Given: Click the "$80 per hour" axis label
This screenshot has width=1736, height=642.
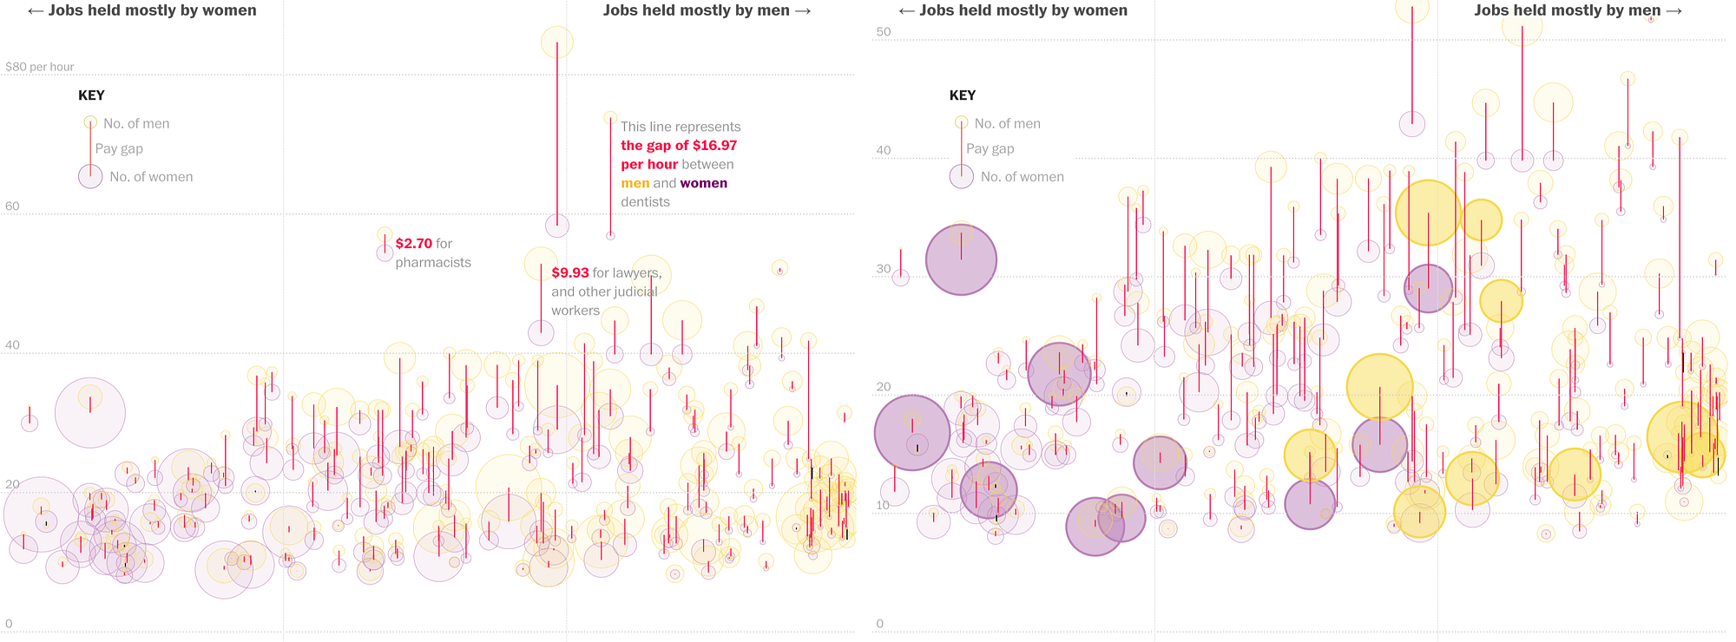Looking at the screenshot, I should [x=40, y=67].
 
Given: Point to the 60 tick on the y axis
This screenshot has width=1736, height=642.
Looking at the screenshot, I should [x=12, y=206].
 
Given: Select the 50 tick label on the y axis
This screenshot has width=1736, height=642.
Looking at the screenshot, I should [x=884, y=32].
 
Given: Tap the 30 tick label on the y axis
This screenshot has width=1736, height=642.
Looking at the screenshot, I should [x=884, y=269].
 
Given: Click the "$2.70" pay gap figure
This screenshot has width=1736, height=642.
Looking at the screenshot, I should [x=413, y=244].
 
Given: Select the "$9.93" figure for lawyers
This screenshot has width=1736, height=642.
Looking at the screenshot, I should [x=570, y=273].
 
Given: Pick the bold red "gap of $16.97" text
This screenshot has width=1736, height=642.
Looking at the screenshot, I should [x=679, y=146].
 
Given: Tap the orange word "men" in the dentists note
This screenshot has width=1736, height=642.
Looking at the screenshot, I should [x=635, y=183].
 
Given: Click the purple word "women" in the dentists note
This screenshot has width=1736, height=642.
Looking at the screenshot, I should [x=703, y=183].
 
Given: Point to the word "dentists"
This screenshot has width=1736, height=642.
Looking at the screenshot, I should [x=645, y=202].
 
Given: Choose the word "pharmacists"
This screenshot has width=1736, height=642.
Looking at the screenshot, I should [x=433, y=263].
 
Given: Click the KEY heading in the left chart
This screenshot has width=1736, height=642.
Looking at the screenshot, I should [x=91, y=95].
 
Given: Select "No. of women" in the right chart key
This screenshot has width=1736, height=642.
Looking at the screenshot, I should [x=1022, y=177].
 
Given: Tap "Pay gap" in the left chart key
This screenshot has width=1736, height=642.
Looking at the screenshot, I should [x=119, y=149].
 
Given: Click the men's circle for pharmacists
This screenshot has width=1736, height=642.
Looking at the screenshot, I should [x=385, y=234].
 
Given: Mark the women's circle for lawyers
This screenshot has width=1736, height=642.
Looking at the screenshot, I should [x=541, y=331].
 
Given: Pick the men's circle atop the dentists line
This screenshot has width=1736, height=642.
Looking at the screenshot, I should [x=610, y=118].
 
